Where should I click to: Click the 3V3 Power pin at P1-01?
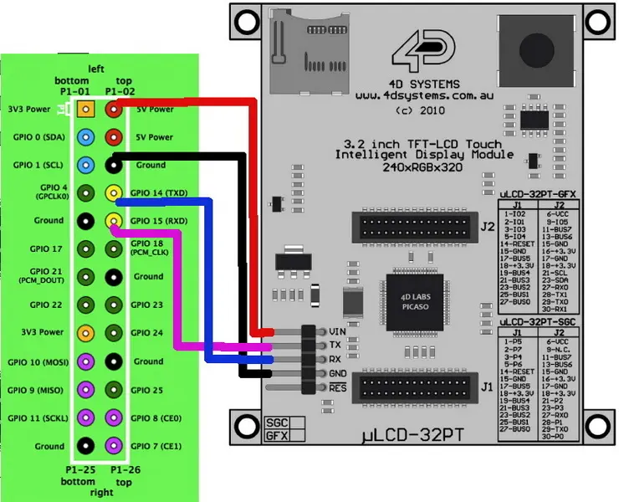[84, 109]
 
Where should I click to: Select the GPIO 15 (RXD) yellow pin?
[113, 221]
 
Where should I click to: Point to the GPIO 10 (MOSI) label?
[36, 361]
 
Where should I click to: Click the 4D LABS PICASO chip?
[410, 299]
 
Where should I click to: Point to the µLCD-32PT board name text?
[412, 436]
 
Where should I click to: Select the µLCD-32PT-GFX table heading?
[539, 194]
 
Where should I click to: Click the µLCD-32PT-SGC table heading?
[539, 322]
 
